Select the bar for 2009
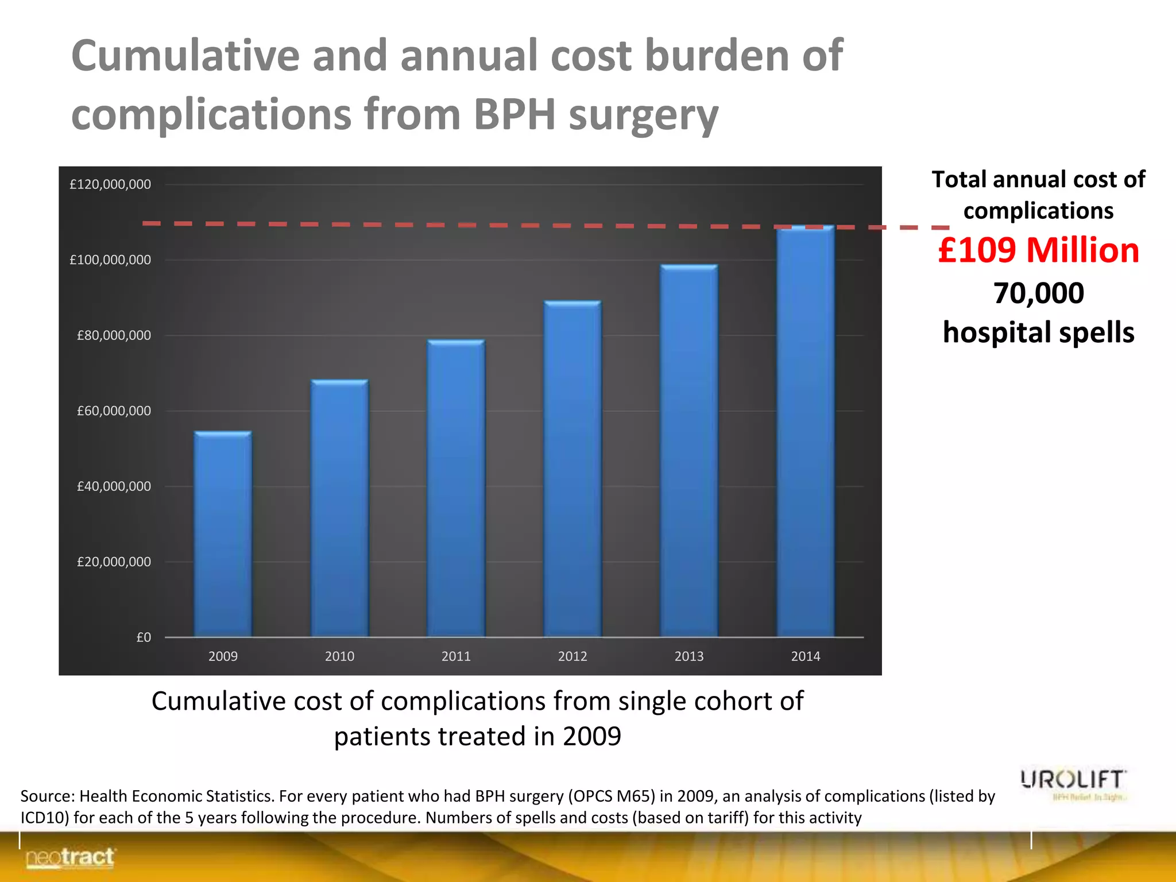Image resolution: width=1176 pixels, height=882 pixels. (223, 534)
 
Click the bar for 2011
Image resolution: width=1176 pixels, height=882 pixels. (456, 488)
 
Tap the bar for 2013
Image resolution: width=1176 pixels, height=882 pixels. (689, 451)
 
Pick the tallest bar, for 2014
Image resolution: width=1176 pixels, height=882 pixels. (805, 431)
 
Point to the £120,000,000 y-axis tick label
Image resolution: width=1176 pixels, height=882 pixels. (110, 184)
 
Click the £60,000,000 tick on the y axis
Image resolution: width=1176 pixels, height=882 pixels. (114, 411)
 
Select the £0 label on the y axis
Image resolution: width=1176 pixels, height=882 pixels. (144, 637)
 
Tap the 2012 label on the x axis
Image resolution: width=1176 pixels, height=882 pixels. (572, 656)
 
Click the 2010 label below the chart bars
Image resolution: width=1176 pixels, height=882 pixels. (339, 656)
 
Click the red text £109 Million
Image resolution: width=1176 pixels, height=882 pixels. (1038, 250)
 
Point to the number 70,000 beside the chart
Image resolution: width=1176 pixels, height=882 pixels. (1038, 293)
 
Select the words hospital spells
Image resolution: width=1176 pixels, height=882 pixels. (1038, 332)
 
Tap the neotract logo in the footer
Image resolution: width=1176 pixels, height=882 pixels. (70, 858)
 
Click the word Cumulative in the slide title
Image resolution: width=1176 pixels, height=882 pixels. (185, 56)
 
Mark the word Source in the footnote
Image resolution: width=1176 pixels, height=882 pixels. (47, 796)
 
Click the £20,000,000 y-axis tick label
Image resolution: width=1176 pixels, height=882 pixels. (114, 562)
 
